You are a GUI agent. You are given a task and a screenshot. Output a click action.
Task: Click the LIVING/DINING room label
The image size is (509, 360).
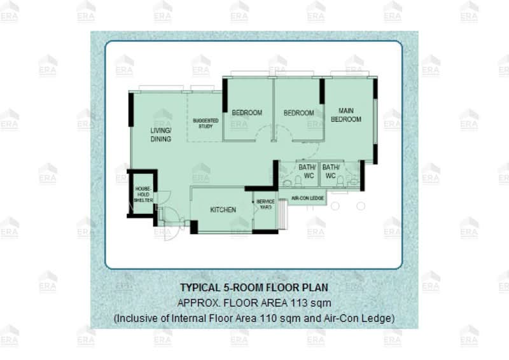pyautogui.click(x=161, y=134)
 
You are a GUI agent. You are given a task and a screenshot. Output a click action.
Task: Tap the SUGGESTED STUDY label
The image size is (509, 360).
pyautogui.click(x=206, y=123)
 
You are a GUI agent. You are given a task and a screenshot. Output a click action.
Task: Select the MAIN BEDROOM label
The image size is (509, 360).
pyautogui.click(x=346, y=114)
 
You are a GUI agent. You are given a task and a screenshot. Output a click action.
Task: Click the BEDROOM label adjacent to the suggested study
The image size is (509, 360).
pyautogui.click(x=247, y=113)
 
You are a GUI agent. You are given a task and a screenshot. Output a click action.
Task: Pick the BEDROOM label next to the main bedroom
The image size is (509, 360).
pyautogui.click(x=299, y=113)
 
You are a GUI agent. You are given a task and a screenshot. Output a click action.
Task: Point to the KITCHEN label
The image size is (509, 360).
pyautogui.click(x=223, y=209)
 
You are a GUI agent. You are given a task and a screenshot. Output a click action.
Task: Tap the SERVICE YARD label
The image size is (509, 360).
pyautogui.click(x=265, y=204)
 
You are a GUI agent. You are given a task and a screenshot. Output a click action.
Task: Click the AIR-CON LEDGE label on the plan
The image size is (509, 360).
pyautogui.click(x=308, y=198)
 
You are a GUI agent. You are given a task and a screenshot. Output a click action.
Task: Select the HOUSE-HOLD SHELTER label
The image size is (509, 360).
pyautogui.click(x=143, y=194)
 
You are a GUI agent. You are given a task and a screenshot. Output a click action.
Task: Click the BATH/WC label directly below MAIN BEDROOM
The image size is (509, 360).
pyautogui.click(x=331, y=171)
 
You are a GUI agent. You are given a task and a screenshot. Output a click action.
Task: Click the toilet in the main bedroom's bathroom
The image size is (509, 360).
pyautogui.click(x=340, y=182)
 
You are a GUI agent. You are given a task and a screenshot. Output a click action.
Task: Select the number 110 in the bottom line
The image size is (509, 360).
pyautogui.click(x=259, y=317)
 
